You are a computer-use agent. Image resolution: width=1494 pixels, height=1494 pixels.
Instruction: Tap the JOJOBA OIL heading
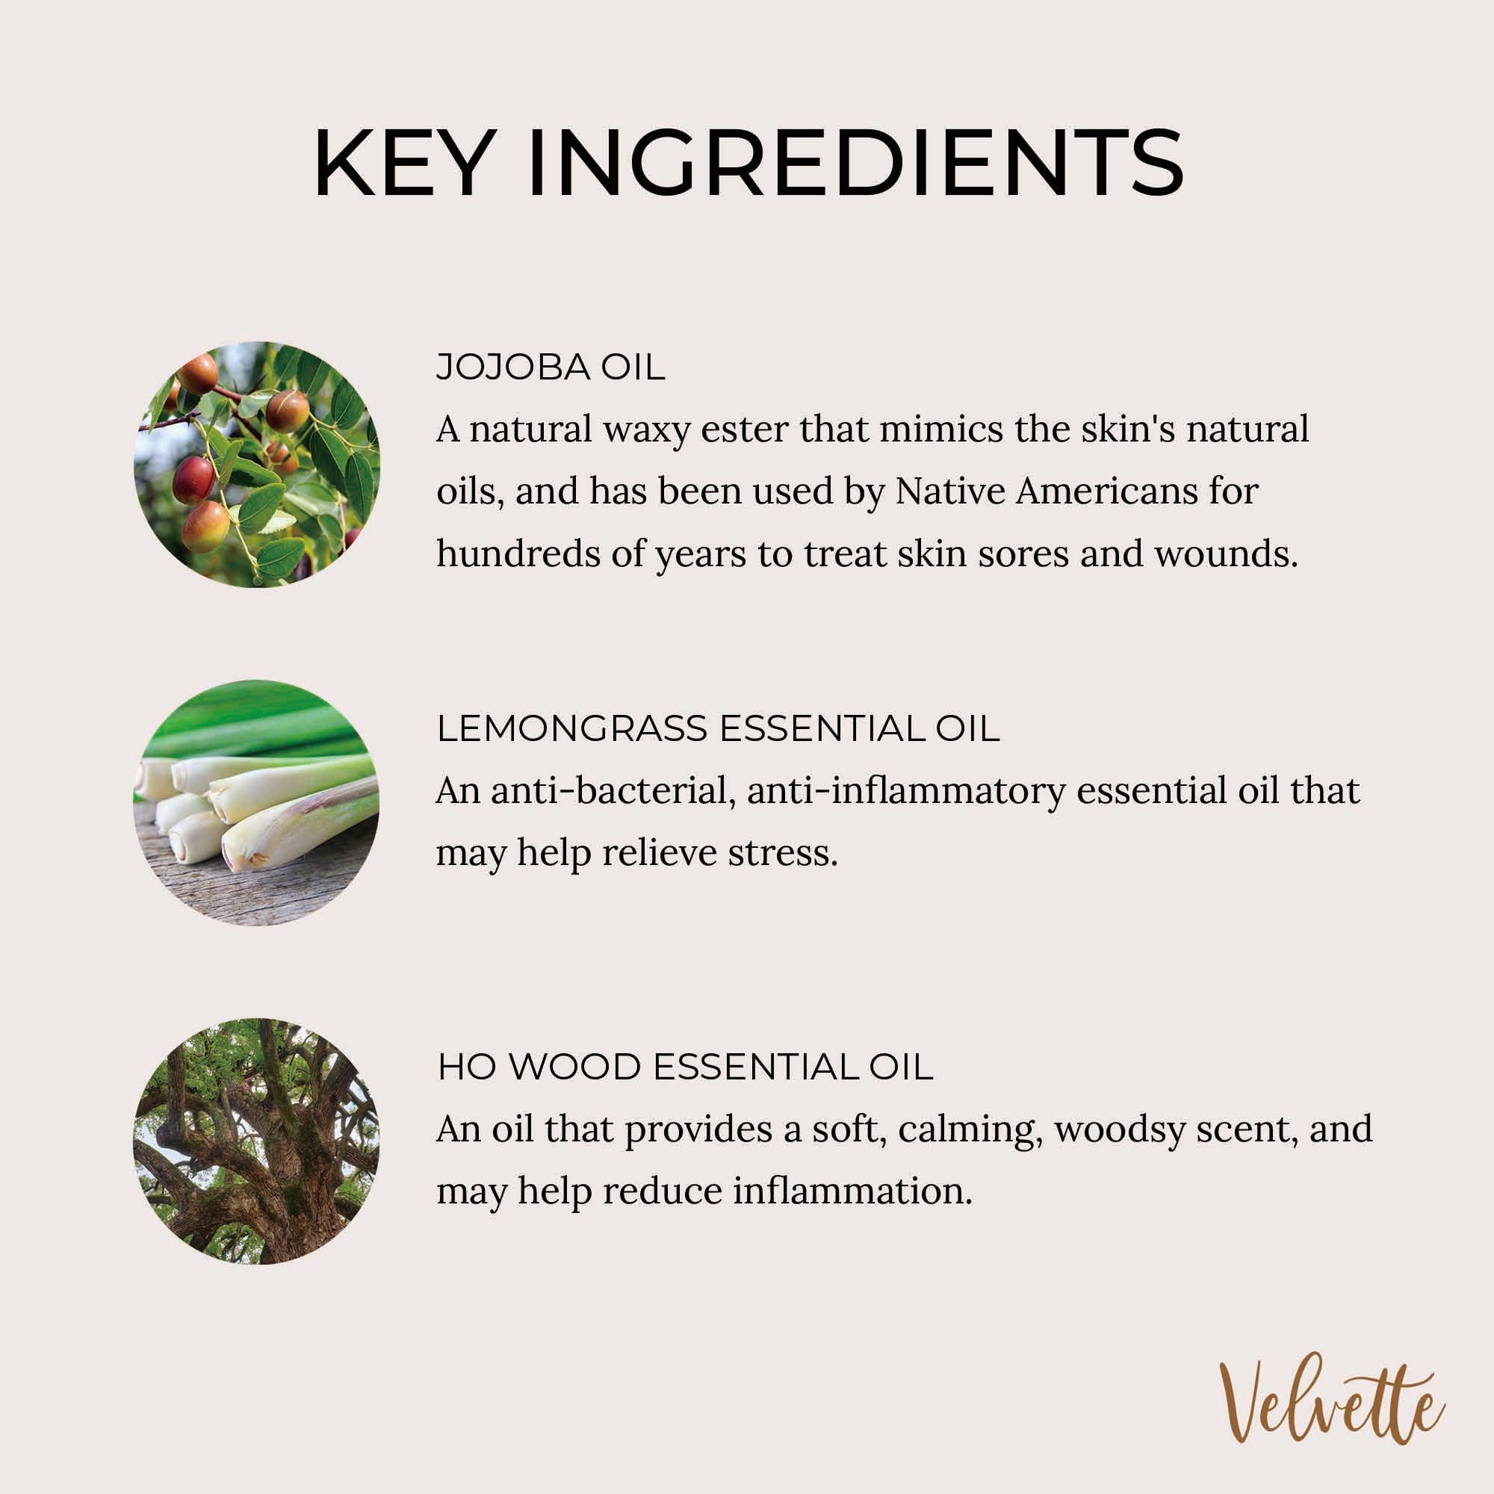[x=551, y=368]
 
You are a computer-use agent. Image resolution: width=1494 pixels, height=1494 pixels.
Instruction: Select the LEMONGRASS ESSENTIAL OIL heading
[x=719, y=729]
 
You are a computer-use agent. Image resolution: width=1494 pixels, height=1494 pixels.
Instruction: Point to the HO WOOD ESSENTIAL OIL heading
[x=685, y=1067]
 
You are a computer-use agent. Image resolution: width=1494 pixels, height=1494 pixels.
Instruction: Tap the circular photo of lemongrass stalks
[x=257, y=803]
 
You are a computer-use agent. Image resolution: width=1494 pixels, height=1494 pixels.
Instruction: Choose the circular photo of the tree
[x=257, y=1141]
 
